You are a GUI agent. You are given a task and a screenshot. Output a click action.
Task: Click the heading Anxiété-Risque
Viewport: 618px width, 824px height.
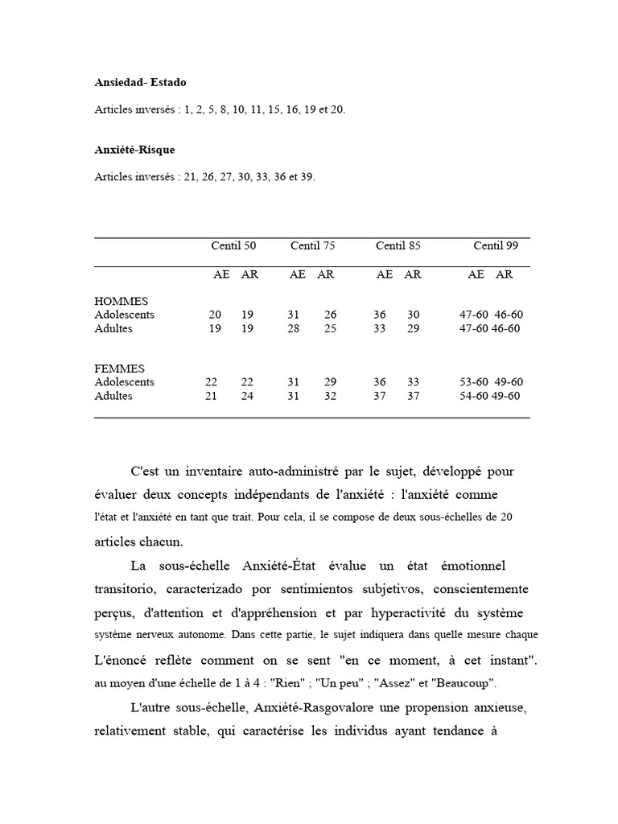134,150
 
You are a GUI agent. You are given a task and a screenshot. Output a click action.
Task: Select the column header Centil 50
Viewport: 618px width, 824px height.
233,245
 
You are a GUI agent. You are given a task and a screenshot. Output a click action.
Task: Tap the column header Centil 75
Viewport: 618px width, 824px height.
312,245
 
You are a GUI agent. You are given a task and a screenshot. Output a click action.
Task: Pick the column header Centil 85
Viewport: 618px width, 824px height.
398,245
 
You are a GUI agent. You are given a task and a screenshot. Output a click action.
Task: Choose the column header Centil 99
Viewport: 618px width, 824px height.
495,245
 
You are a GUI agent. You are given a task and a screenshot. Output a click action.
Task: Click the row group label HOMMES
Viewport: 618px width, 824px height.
121,301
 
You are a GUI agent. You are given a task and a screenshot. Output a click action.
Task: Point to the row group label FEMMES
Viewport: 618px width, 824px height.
119,369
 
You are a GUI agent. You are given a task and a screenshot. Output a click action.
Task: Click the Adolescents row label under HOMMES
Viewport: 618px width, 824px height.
124,315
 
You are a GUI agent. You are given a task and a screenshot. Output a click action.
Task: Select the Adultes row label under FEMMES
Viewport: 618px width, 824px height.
113,396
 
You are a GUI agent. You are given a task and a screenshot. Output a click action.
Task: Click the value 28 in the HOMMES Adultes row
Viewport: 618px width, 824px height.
293,328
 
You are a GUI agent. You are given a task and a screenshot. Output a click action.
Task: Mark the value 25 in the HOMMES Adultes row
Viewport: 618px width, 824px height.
330,328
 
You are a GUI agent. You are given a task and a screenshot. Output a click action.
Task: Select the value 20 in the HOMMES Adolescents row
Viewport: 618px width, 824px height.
215,315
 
